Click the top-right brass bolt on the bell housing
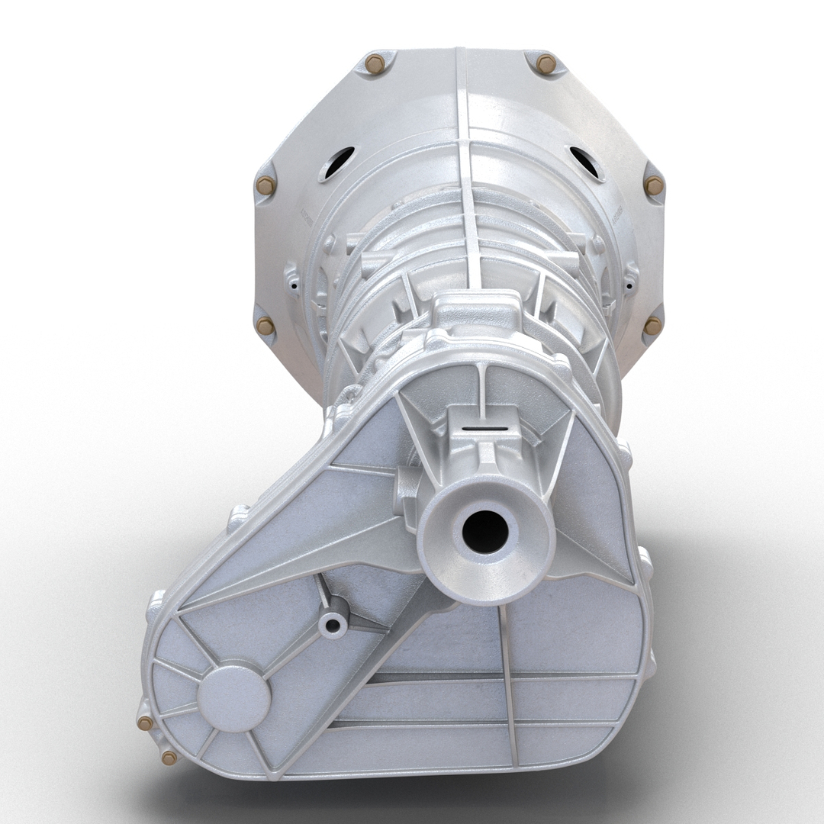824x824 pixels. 546,64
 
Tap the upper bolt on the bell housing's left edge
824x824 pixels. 266,185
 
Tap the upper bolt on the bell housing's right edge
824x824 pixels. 654,185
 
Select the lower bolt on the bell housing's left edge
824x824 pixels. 266,326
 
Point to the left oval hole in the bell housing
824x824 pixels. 338,163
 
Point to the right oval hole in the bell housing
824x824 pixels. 585,163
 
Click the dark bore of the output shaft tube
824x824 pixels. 485,532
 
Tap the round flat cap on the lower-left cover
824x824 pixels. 234,697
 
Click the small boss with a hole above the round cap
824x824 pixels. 333,625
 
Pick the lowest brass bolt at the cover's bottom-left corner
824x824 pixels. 169,757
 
